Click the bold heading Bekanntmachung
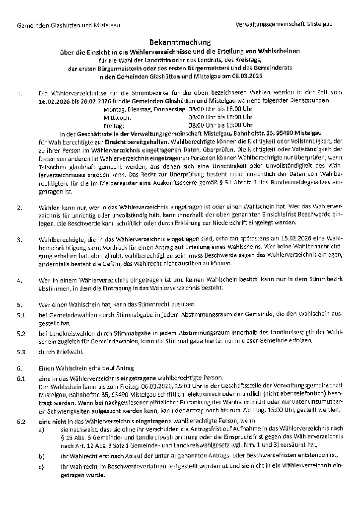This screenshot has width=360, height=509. coord(180,42)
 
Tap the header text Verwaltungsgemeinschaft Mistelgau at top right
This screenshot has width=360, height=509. coord(284,24)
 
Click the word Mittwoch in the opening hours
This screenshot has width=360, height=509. coord(116,117)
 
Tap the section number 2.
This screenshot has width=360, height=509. coord(20,208)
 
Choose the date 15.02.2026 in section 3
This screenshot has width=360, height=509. coord(296,239)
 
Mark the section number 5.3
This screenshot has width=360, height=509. coord(21,352)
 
